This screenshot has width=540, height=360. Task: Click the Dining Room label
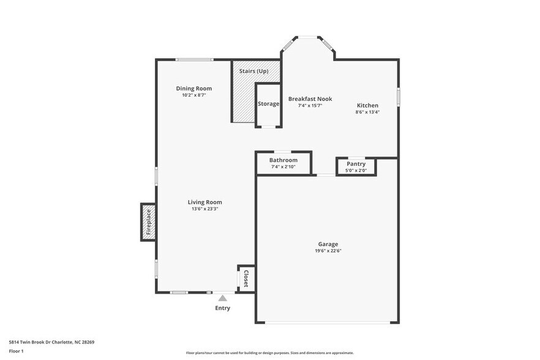(x=193, y=89)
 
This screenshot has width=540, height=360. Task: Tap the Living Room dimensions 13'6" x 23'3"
(x=204, y=209)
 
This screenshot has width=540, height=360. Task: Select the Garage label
(x=328, y=244)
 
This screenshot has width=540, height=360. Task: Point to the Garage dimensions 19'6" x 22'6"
(x=328, y=250)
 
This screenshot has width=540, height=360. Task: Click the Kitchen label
(x=367, y=105)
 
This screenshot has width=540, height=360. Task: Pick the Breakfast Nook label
(x=310, y=99)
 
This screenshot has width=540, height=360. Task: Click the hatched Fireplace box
(x=148, y=222)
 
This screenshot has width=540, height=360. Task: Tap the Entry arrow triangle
(x=222, y=298)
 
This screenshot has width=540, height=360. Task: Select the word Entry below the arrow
(x=222, y=308)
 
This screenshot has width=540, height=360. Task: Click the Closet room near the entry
(x=246, y=279)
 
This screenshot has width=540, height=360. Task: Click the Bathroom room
(x=283, y=163)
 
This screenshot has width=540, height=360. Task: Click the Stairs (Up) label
(x=253, y=72)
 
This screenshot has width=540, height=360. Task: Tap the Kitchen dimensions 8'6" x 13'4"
(x=367, y=112)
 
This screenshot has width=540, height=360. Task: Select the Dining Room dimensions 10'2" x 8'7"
(x=193, y=96)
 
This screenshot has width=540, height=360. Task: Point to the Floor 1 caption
(x=16, y=351)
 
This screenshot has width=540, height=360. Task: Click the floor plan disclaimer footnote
(x=269, y=353)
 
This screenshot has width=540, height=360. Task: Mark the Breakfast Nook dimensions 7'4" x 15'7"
(x=310, y=105)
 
